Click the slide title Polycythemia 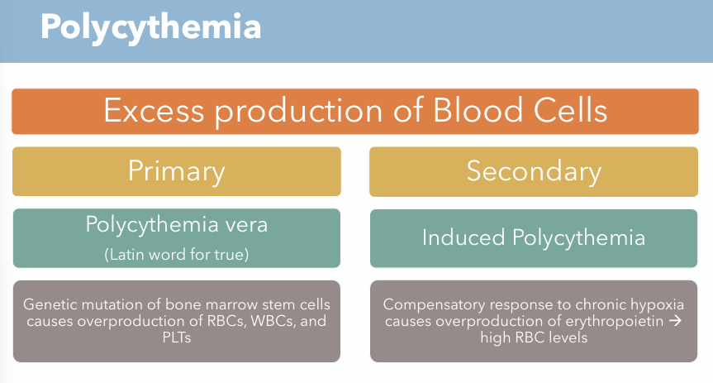pyautogui.click(x=150, y=27)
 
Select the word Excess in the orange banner pyautogui.click(x=149, y=111)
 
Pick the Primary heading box pyautogui.click(x=177, y=171)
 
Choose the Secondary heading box pyautogui.click(x=534, y=171)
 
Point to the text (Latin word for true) pyautogui.click(x=176, y=254)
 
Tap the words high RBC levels pyautogui.click(x=534, y=338)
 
